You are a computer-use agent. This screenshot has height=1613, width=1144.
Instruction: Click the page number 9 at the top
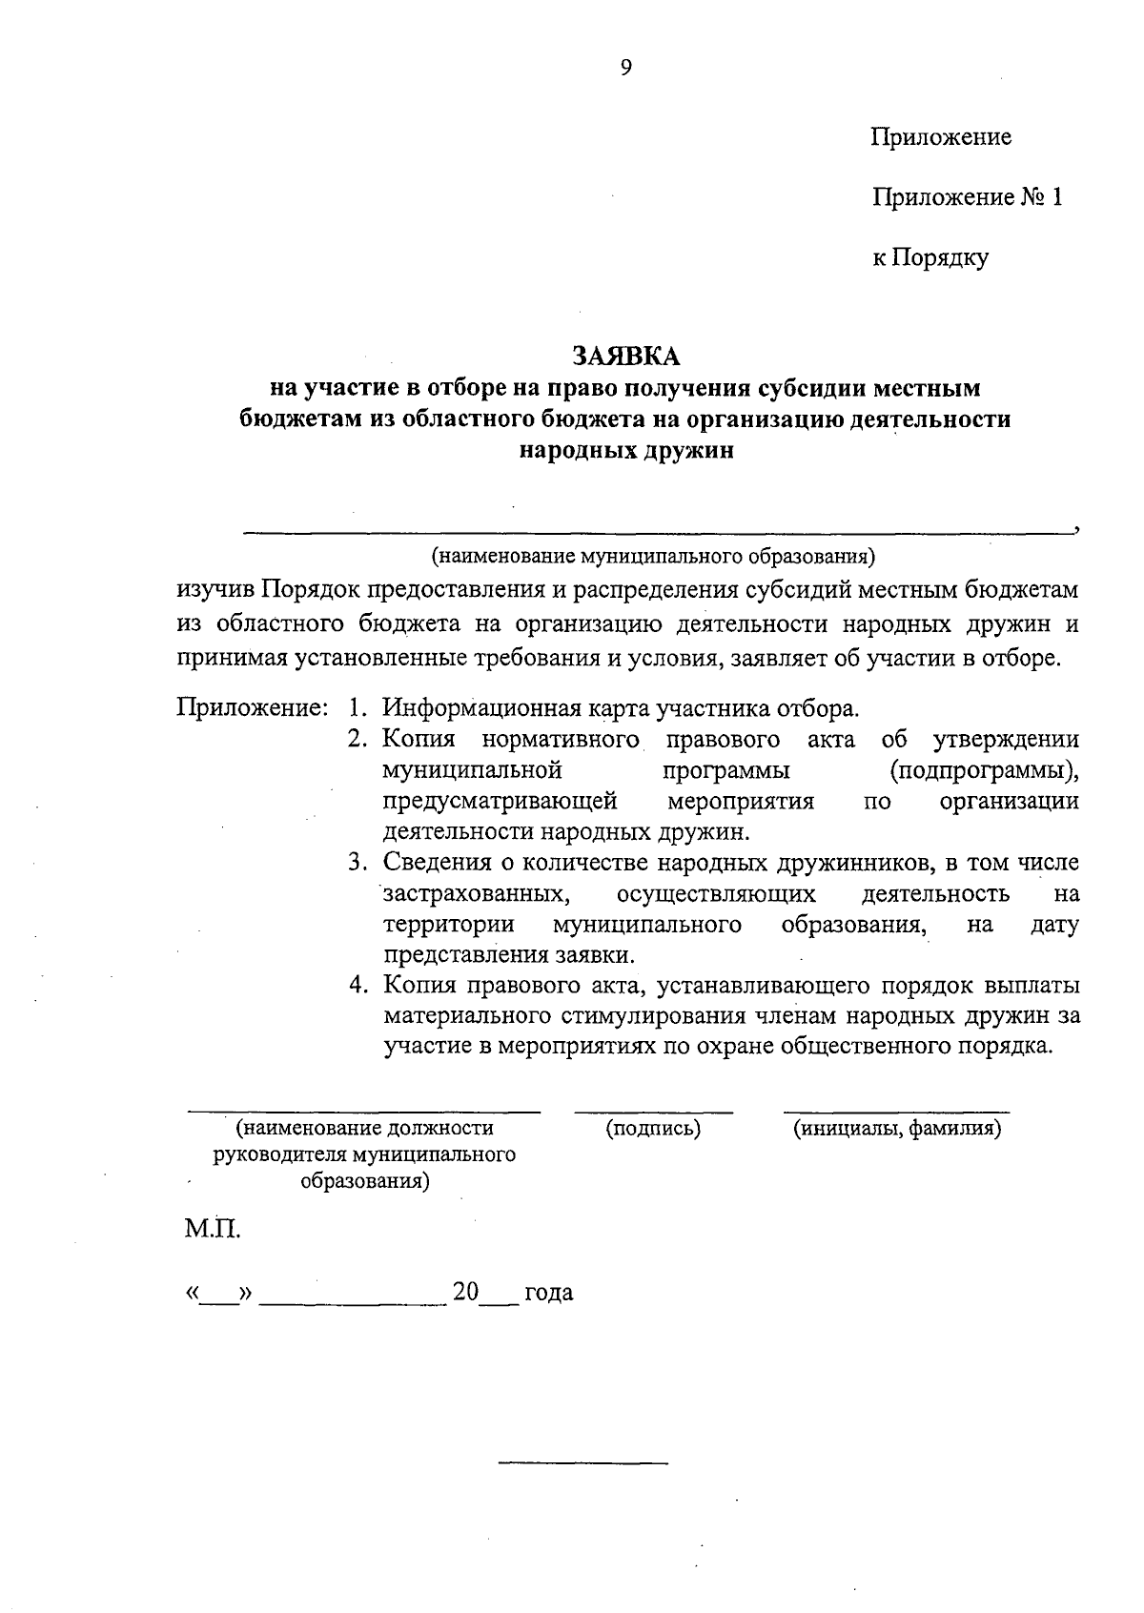pyautogui.click(x=625, y=67)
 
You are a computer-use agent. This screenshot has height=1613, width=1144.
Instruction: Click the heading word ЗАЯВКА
pyautogui.click(x=625, y=356)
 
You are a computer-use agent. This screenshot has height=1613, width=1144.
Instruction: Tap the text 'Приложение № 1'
pyautogui.click(x=966, y=197)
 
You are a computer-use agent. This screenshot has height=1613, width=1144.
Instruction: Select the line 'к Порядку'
pyautogui.click(x=930, y=257)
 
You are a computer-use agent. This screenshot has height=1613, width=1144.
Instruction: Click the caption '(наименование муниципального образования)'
pyautogui.click(x=653, y=555)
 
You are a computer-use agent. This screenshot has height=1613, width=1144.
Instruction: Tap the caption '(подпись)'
pyautogui.click(x=653, y=1129)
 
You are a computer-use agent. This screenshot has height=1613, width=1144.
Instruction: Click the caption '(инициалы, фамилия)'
pyautogui.click(x=896, y=1129)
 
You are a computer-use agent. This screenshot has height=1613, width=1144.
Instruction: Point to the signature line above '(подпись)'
pyautogui.click(x=653, y=1112)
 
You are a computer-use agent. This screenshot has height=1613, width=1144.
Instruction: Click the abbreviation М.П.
pyautogui.click(x=213, y=1229)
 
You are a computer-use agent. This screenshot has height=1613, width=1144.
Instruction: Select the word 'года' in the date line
pyautogui.click(x=548, y=1293)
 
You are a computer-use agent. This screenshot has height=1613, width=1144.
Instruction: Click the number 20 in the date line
pyautogui.click(x=465, y=1292)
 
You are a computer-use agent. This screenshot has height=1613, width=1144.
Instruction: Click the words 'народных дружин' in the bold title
pyautogui.click(x=625, y=451)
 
